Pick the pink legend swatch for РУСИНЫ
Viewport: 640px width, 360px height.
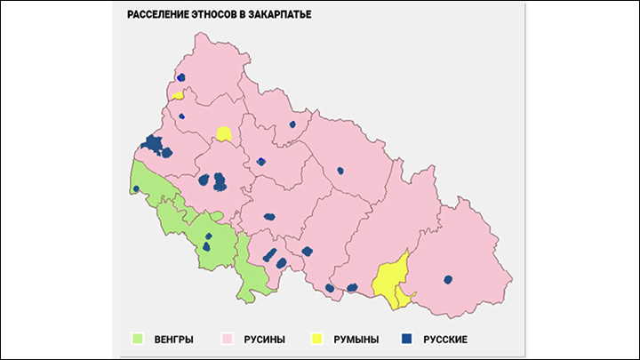pyautogui.click(x=228, y=339)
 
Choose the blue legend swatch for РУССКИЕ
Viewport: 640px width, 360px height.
pyautogui.click(x=408, y=339)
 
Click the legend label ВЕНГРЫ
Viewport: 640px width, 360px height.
pyautogui.click(x=172, y=340)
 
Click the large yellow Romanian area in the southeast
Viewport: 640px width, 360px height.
pyautogui.click(x=390, y=280)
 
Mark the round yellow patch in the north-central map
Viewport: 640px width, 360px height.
pyautogui.click(x=223, y=134)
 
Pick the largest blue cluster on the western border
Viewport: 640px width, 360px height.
pyautogui.click(x=154, y=146)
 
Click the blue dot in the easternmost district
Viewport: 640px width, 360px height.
pyautogui.click(x=448, y=279)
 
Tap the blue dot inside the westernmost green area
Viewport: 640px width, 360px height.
pyautogui.click(x=136, y=188)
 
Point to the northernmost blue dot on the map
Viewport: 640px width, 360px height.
pyautogui.click(x=180, y=78)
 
